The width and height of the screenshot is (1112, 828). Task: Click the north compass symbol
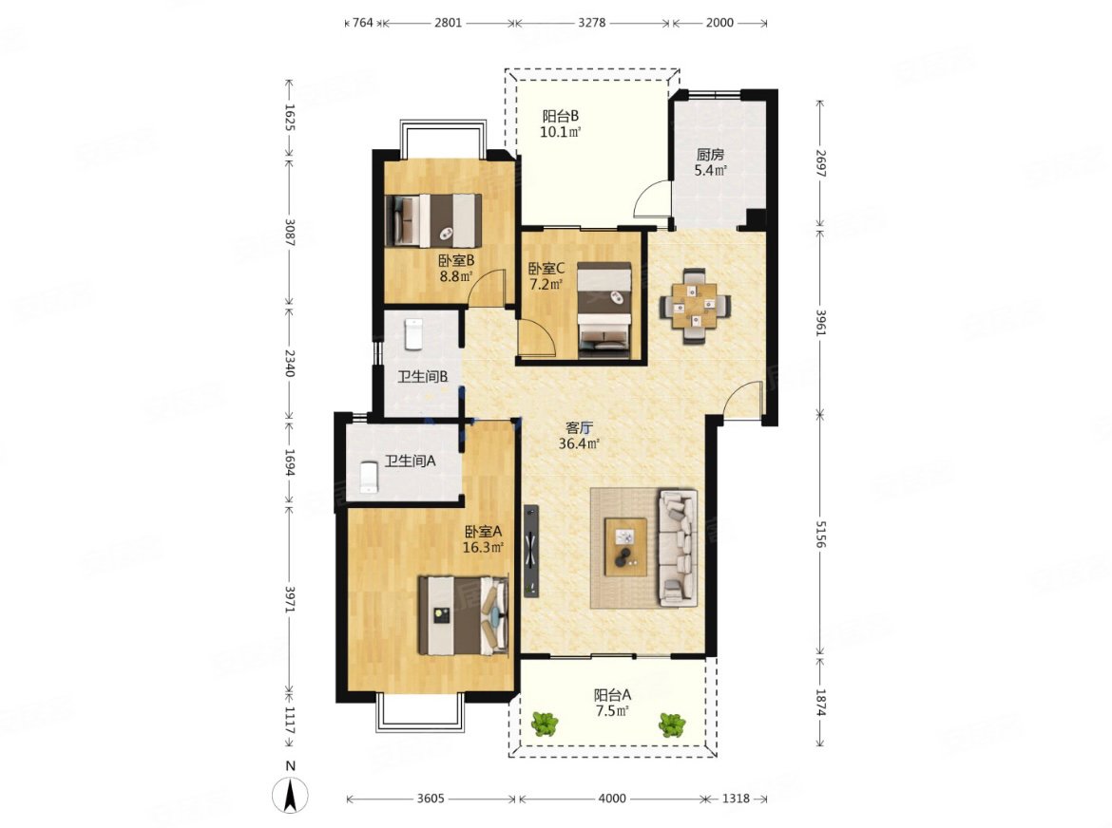pos(290,794)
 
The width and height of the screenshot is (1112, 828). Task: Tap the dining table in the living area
pos(696,306)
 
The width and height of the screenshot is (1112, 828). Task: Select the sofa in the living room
pos(678,548)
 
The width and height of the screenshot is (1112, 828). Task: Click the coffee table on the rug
pos(625,547)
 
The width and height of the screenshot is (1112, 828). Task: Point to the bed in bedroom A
pos(463,615)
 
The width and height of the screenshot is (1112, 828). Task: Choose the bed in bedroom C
pos(604,310)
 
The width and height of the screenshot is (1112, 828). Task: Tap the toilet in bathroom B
pos(412,334)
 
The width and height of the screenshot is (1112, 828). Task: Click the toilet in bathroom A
pos(369,477)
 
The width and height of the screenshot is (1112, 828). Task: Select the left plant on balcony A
pos(545,724)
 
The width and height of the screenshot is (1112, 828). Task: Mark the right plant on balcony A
pos(672,724)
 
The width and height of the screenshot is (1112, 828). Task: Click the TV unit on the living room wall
pos(531,550)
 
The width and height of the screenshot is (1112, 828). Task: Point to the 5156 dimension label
pos(820,534)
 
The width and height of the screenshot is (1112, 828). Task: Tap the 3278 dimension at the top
pos(591,23)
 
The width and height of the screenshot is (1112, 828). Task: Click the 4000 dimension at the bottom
pos(612,799)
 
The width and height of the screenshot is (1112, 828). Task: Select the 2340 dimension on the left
pos(289,362)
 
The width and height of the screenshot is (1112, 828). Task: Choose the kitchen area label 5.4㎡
pos(710,170)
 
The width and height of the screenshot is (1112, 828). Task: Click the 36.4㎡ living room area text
pos(580,444)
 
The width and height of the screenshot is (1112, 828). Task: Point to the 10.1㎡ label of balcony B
pos(561,132)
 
